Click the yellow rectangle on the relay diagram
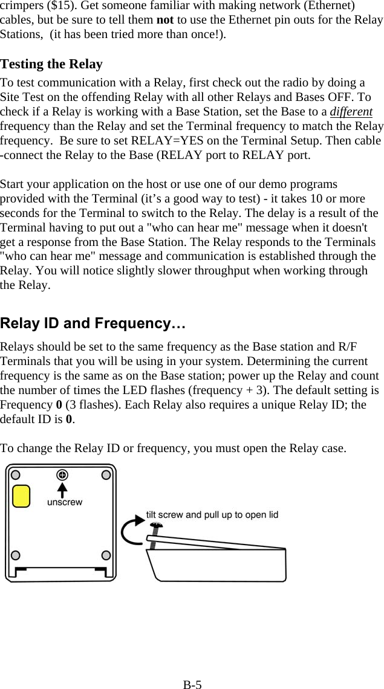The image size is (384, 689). click(x=22, y=496)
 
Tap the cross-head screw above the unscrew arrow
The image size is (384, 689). click(x=62, y=474)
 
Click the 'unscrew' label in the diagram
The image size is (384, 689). click(x=65, y=502)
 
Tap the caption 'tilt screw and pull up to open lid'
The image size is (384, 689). click(x=212, y=515)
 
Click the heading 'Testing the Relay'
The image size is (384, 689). click(x=51, y=64)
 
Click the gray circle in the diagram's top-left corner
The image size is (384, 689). click(x=16, y=474)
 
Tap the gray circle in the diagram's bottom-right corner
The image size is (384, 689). click(x=106, y=555)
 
